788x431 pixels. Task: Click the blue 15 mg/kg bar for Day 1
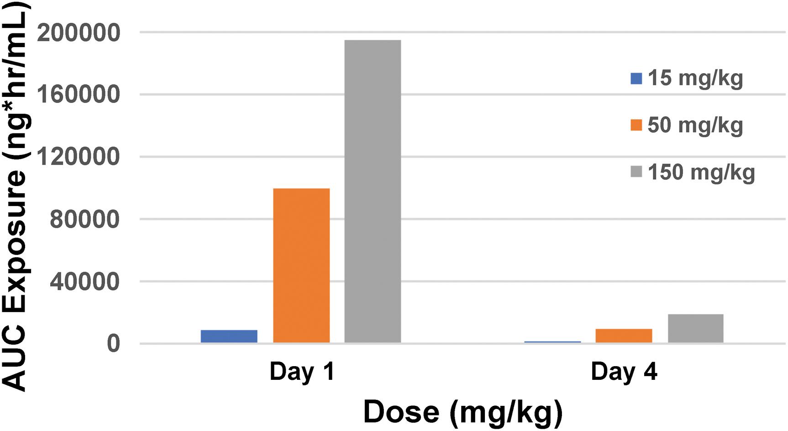coord(229,336)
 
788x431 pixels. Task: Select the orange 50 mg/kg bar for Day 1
coord(301,265)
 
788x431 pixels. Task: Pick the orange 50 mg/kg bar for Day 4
coord(624,335)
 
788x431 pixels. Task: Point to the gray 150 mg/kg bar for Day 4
coord(695,328)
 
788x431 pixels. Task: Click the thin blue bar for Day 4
coord(552,342)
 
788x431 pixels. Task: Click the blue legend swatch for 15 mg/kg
coord(636,79)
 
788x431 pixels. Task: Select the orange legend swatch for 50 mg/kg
coord(636,125)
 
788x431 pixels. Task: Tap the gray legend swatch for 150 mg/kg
coord(636,172)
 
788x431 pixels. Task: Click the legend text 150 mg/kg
coord(701,173)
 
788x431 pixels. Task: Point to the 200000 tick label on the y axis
coord(79,33)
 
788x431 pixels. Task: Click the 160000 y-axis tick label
coord(79,95)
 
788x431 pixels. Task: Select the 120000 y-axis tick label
coord(79,157)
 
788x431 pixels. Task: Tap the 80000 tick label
coord(85,219)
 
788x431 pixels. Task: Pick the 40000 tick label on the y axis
coord(85,282)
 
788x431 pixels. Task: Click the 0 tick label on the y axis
coord(113,344)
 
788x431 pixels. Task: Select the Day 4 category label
coord(624,372)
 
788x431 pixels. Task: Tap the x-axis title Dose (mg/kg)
coord(462,412)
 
